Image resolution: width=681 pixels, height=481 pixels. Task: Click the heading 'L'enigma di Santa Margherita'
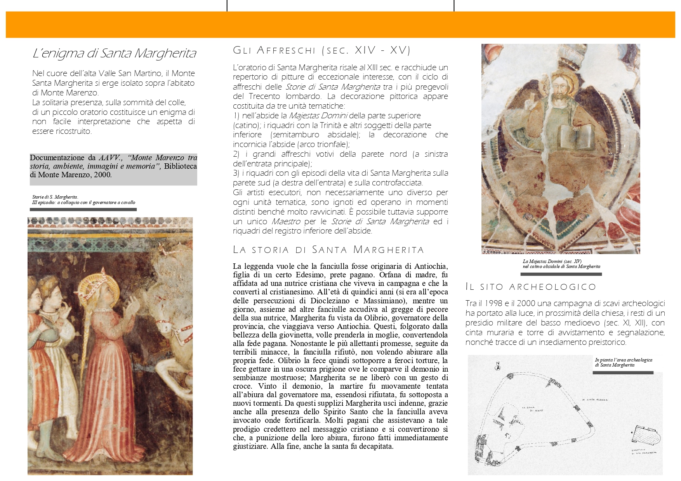click(114, 54)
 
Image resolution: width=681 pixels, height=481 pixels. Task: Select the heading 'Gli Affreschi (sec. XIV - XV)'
click(321, 50)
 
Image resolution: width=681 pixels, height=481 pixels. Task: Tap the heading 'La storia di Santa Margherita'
click(328, 250)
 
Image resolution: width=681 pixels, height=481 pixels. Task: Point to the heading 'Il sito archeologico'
click(531, 287)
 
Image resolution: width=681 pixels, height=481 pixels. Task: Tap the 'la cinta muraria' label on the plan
click(594, 400)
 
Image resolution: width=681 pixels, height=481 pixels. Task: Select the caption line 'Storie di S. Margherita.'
click(55, 197)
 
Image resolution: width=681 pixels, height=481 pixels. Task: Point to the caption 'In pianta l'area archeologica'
click(623, 360)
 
